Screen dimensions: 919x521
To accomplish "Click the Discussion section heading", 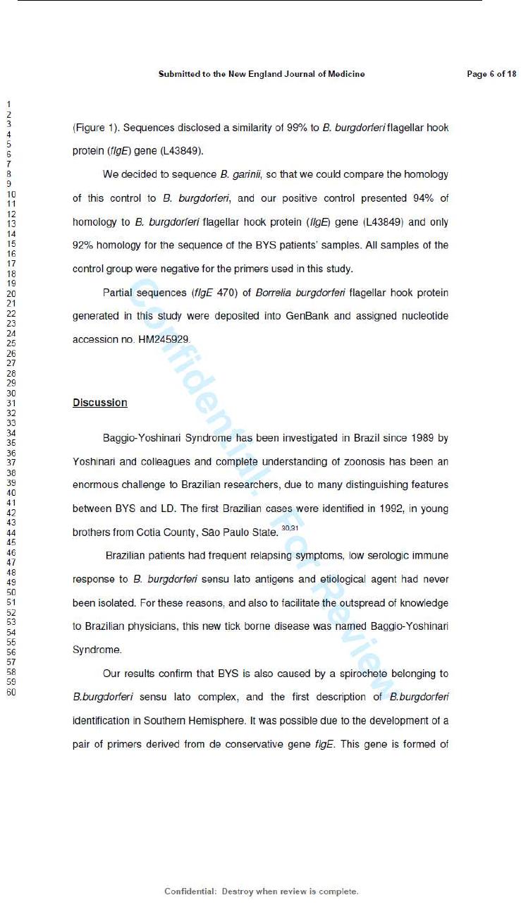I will click(99, 403).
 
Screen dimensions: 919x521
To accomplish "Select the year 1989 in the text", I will click(415, 438).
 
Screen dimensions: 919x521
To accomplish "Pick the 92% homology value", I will click(84, 245).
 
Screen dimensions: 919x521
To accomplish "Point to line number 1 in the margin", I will click(8, 105).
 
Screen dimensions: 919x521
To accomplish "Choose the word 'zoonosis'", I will click(364, 462).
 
